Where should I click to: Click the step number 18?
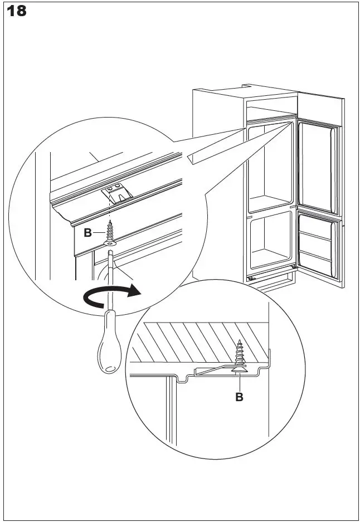click(17, 11)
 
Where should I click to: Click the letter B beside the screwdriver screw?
click(87, 233)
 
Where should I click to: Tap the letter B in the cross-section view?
click(239, 397)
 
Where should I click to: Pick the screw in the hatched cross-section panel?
click(240, 356)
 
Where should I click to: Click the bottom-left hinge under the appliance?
click(251, 277)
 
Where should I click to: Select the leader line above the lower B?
click(239, 382)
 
